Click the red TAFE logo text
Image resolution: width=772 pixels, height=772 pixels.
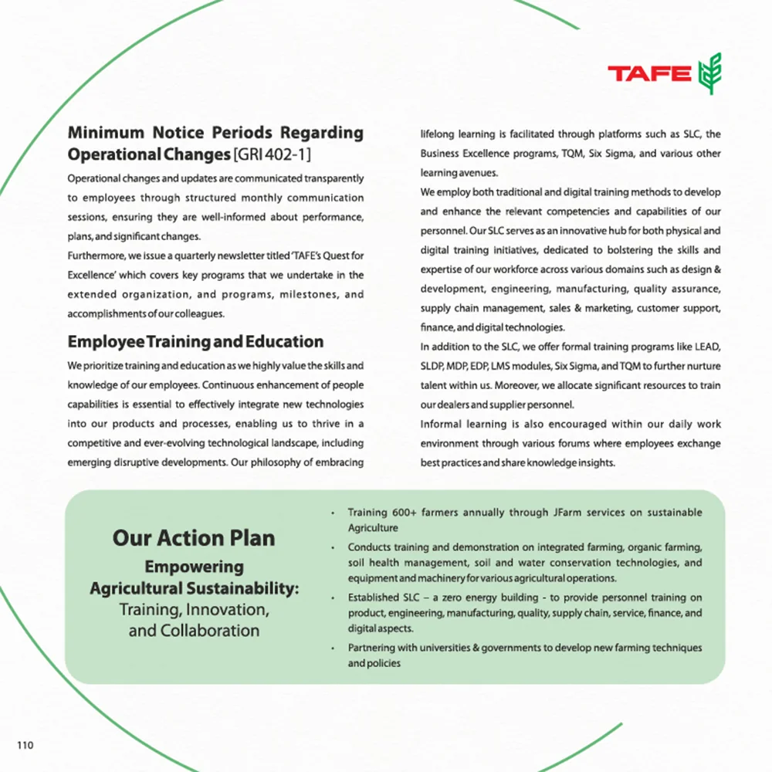point(648,73)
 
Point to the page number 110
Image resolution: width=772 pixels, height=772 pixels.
point(25,744)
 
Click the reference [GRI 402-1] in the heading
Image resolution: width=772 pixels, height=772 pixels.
point(273,154)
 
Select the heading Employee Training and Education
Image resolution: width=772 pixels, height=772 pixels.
point(195,341)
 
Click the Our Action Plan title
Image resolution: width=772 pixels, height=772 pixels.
point(194,537)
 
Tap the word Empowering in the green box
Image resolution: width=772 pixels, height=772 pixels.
point(194,567)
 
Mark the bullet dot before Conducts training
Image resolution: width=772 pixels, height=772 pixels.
point(331,548)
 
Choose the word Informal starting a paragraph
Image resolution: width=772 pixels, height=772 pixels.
point(441,424)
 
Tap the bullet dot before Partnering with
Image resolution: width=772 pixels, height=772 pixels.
point(331,648)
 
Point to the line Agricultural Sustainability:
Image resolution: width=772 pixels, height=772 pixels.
point(194,588)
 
